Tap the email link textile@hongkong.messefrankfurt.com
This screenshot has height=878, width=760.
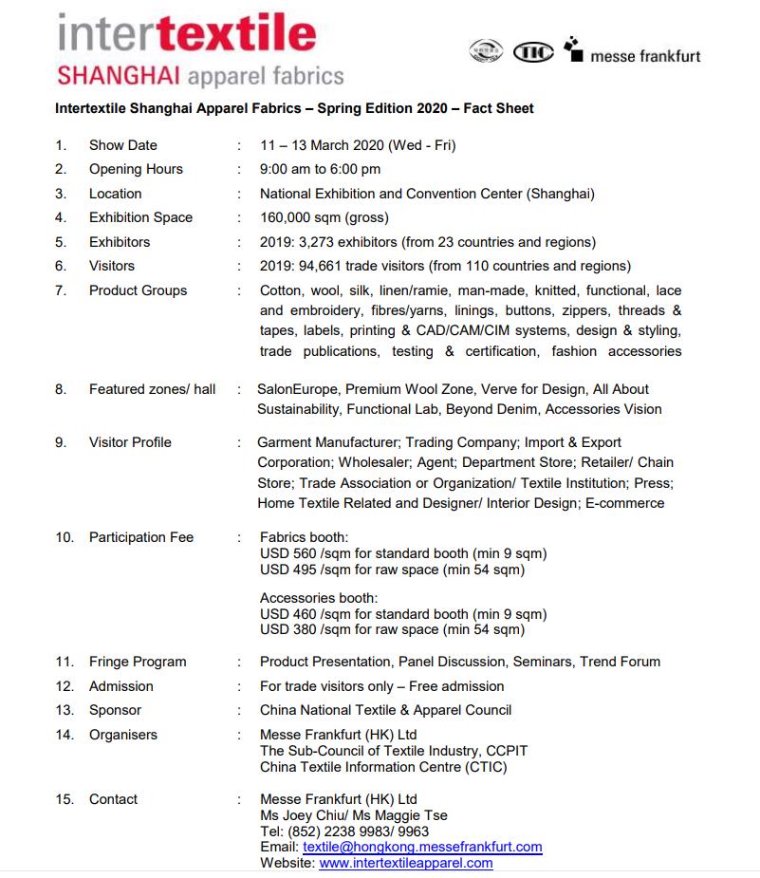pos(422,847)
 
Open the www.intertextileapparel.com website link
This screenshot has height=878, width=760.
pos(406,863)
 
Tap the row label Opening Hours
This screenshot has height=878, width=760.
pos(136,169)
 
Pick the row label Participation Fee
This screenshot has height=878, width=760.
pos(140,537)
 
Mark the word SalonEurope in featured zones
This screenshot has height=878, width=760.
pos(297,389)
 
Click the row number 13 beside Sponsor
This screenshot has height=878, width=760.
pos(65,710)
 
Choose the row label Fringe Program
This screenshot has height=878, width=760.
pos(138,662)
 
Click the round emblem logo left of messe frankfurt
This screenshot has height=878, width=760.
pos(485,53)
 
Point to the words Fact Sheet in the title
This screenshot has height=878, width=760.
pos(498,108)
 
